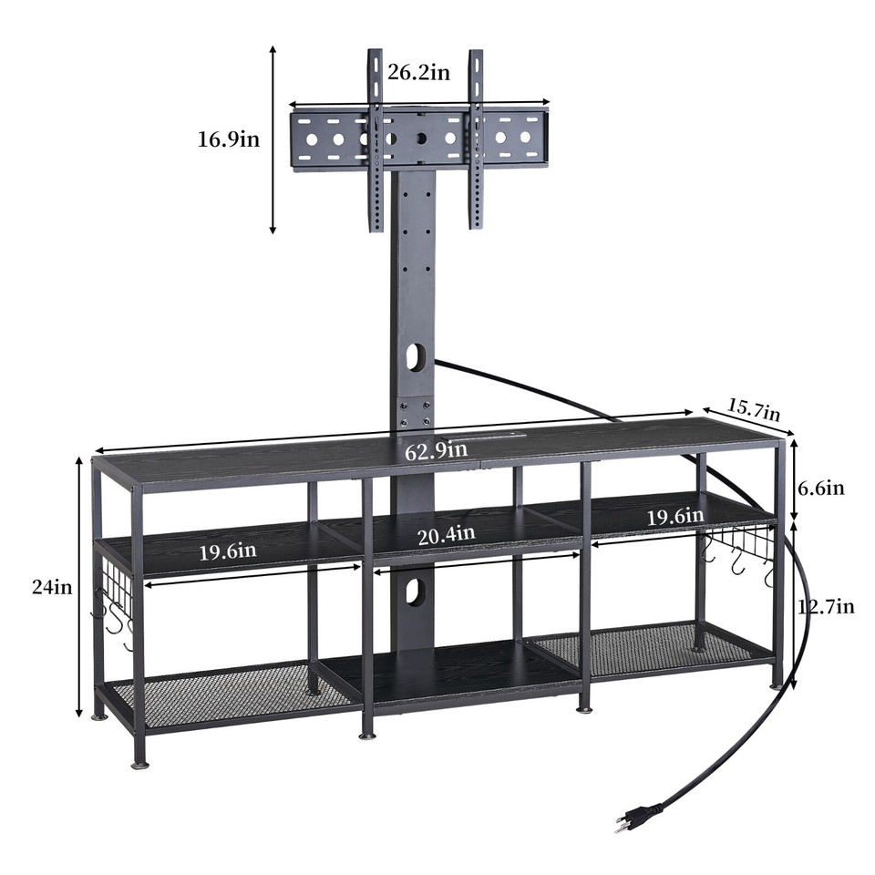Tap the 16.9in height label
[x=229, y=139]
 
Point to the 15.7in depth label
[x=754, y=408]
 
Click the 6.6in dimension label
[x=820, y=489]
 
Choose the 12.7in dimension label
[x=826, y=607]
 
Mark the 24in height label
[x=51, y=588]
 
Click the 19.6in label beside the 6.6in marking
[x=674, y=517]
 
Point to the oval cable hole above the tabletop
[x=416, y=356]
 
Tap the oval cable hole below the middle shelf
[x=415, y=592]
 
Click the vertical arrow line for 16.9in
[x=273, y=139]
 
